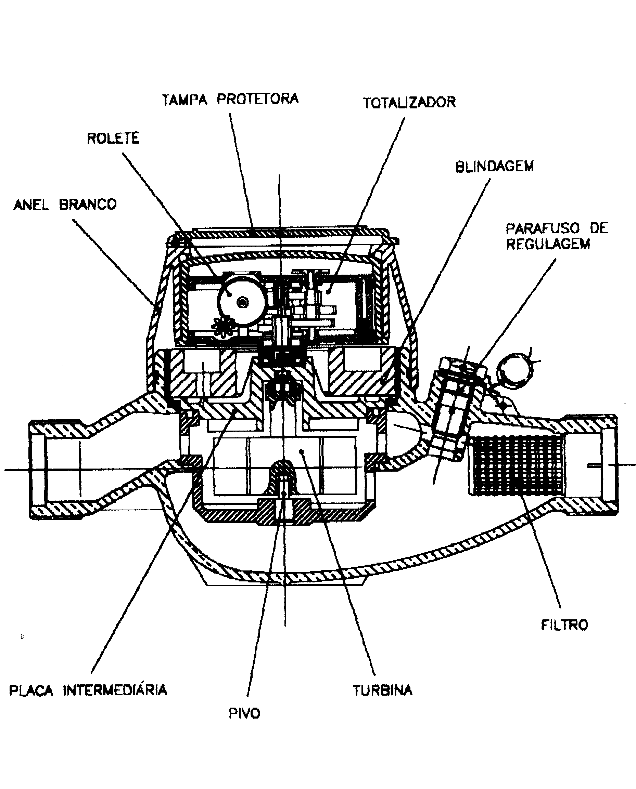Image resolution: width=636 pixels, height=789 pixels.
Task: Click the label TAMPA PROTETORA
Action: [230, 99]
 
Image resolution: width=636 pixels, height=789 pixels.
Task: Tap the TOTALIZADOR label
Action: [409, 103]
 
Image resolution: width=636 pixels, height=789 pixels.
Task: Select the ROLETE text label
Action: [113, 138]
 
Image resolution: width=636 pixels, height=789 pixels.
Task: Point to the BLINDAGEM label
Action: [494, 167]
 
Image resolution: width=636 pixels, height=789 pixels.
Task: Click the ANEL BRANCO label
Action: [65, 204]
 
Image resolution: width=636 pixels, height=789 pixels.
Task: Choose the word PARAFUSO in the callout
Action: [543, 228]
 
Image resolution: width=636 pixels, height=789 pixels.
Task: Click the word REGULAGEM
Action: [548, 244]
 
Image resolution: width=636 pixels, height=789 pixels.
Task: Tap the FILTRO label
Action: [564, 625]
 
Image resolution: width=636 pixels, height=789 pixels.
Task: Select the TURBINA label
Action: [382, 690]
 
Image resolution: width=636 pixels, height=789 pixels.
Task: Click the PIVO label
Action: [244, 713]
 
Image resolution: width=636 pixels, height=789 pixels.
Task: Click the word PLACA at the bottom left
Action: [31, 691]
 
